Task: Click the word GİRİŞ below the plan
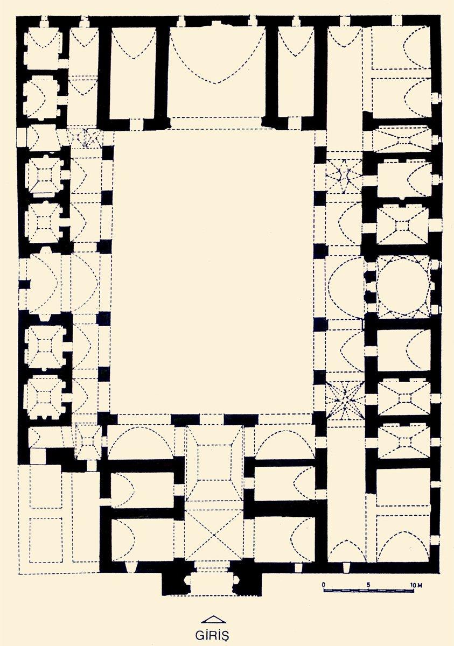pyautogui.click(x=212, y=635)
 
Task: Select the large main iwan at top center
pyautogui.click(x=216, y=72)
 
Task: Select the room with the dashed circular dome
pyautogui.click(x=404, y=286)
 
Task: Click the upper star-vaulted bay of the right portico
pyautogui.click(x=344, y=176)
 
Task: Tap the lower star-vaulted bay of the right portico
pyautogui.click(x=345, y=400)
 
